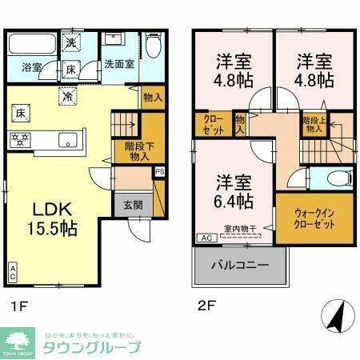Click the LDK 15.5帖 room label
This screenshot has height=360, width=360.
point(54,217)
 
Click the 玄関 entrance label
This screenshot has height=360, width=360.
point(133,205)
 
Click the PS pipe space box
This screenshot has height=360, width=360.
point(160,170)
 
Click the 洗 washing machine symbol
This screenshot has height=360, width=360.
point(70,42)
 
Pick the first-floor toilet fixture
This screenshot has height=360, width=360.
point(154,46)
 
